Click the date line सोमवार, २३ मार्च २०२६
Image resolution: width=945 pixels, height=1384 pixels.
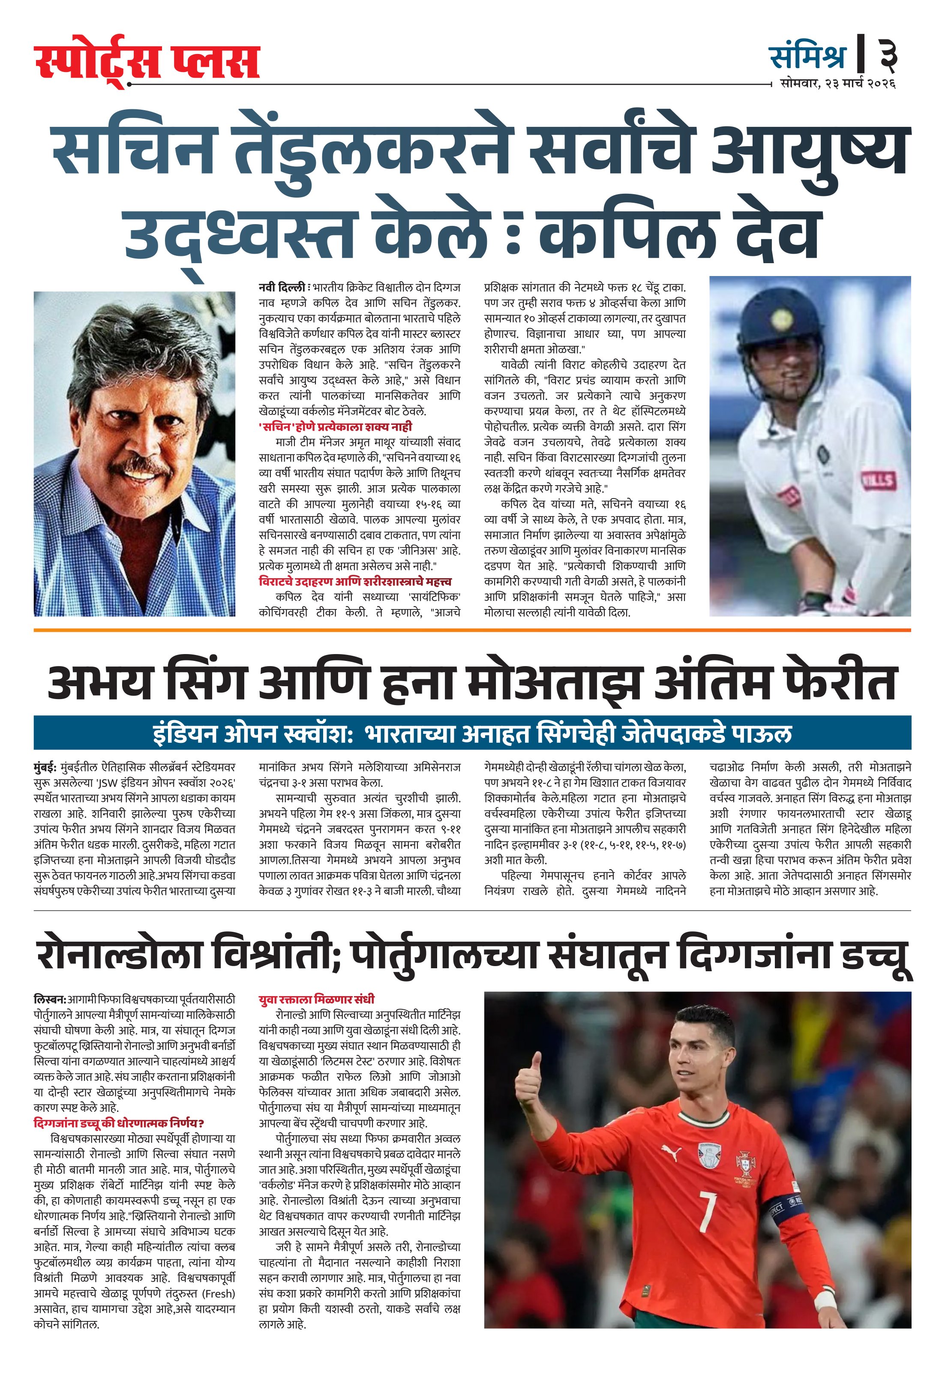coord(838,84)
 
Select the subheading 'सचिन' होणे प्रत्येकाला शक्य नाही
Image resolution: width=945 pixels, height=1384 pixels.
coord(335,426)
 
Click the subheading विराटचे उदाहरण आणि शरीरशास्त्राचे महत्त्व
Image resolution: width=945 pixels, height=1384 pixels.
coord(355,581)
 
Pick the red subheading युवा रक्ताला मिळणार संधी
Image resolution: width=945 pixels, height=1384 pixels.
coord(316,999)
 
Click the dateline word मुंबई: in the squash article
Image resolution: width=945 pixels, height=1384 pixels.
coord(46,767)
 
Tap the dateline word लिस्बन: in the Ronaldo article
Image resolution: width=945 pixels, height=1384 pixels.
coord(49,999)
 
